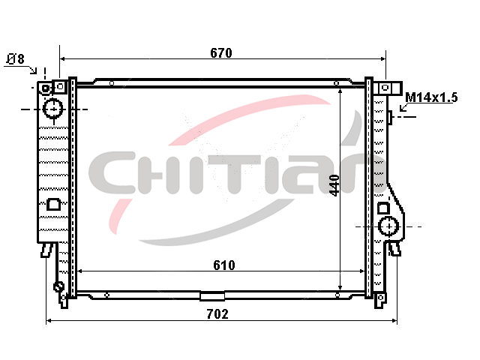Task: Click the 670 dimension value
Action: [x=221, y=53]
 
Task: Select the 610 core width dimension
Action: [x=224, y=265]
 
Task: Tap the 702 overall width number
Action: [x=217, y=314]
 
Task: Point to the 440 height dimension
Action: [x=334, y=185]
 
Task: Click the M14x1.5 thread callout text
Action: [x=431, y=97]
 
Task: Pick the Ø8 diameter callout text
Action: [x=16, y=59]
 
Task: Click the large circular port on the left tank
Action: [x=53, y=109]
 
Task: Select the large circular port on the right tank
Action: [x=388, y=226]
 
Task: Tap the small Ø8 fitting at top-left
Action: [x=45, y=88]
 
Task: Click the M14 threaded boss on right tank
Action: [x=390, y=117]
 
